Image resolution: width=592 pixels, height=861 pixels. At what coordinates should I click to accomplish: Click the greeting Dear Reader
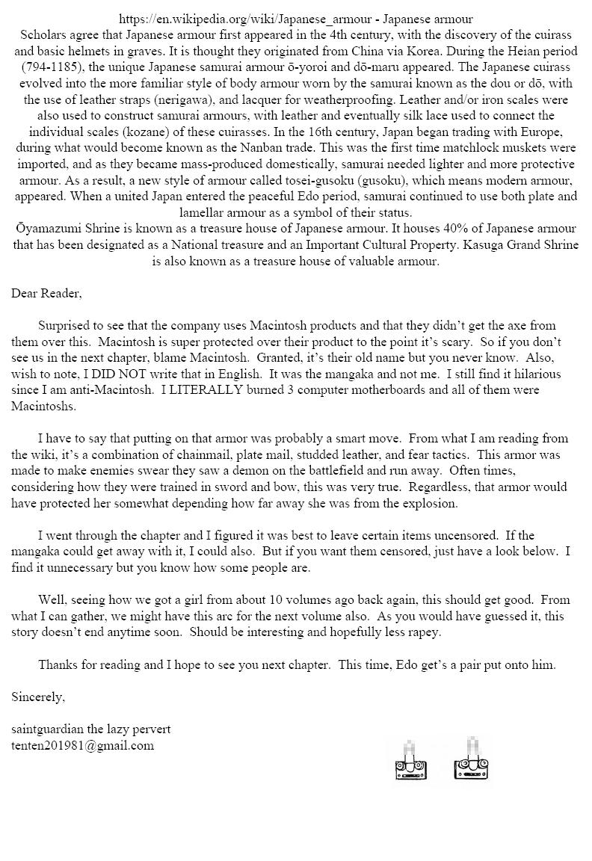(x=46, y=293)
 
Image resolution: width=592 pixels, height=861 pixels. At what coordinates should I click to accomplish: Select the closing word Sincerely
(x=38, y=697)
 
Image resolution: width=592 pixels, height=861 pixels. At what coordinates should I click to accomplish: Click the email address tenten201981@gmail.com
(x=83, y=745)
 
